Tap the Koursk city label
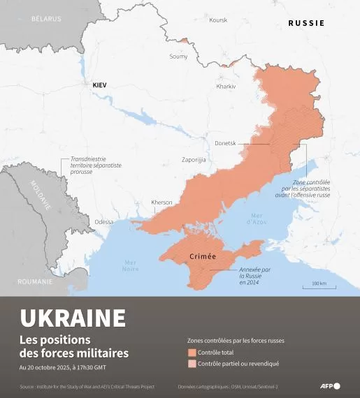coord(218,20)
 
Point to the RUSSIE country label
coord(306,23)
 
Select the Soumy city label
coord(178,57)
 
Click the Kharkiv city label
coord(226,86)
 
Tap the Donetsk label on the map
coord(225,143)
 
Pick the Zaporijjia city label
coord(194,160)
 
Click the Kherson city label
coord(161,202)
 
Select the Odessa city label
coord(104,221)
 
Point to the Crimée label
coord(203,257)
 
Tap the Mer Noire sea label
coord(130,265)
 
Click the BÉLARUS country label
coord(46,19)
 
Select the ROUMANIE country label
coord(36,281)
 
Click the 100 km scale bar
coord(319,285)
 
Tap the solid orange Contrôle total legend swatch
coord(192,353)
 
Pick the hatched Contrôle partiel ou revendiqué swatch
coord(192,364)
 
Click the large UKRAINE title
coord(73,318)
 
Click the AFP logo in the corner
coord(329,386)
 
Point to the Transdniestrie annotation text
coord(96,165)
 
